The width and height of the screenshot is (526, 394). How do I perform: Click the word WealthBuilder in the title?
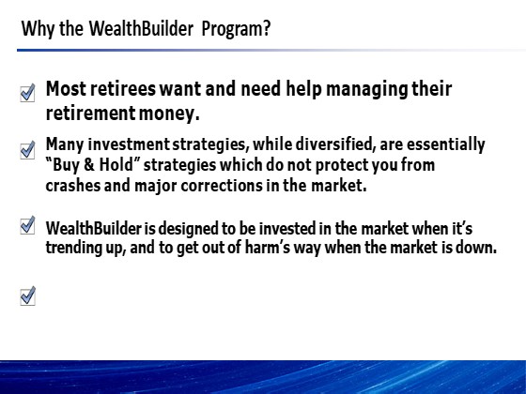point(141,28)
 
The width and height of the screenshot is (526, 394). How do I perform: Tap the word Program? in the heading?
point(236,29)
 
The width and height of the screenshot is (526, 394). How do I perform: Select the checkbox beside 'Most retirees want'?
point(27,93)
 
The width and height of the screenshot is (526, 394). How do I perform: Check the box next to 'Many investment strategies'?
point(27,150)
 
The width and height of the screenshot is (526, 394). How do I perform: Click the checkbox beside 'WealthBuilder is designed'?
point(27,225)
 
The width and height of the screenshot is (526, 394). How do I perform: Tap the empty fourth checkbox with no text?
point(27,295)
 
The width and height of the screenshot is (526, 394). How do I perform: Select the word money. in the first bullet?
point(169,114)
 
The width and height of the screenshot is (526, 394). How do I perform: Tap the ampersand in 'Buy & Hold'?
point(89,165)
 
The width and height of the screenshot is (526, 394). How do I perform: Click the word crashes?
point(73,186)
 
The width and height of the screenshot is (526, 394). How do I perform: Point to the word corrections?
point(222,186)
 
